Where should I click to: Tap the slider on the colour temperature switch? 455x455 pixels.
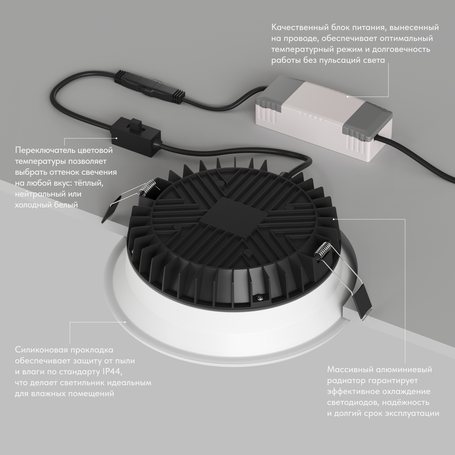coord(135,124)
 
